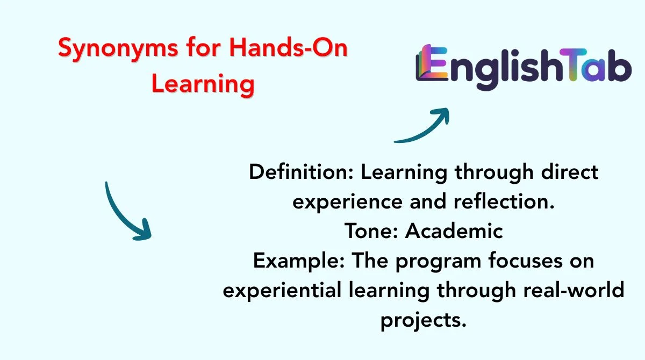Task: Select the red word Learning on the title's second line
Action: click(203, 84)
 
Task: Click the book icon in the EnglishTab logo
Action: click(430, 67)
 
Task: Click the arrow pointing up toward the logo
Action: click(423, 126)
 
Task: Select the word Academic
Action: click(454, 231)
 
